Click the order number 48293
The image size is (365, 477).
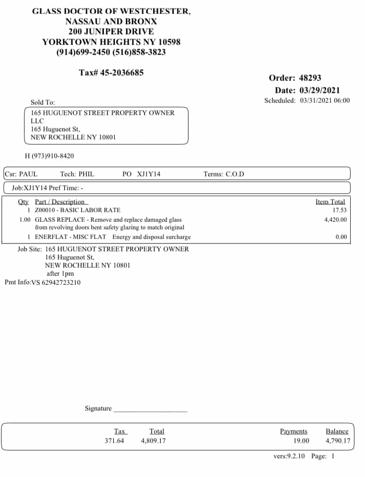tap(310, 78)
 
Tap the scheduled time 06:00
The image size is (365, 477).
tap(342, 100)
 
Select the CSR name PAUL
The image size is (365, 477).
tap(28, 174)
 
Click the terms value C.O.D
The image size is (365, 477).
tap(235, 174)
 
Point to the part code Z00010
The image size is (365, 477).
tap(46, 210)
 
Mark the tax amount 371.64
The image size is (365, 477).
tap(114, 441)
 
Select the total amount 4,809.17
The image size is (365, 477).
tap(153, 441)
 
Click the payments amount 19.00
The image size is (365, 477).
tap(301, 441)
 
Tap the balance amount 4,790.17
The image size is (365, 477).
tap(338, 441)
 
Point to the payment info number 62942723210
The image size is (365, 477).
tap(61, 282)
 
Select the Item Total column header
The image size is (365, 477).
tap(330, 202)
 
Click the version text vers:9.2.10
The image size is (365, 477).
tap(289, 456)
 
